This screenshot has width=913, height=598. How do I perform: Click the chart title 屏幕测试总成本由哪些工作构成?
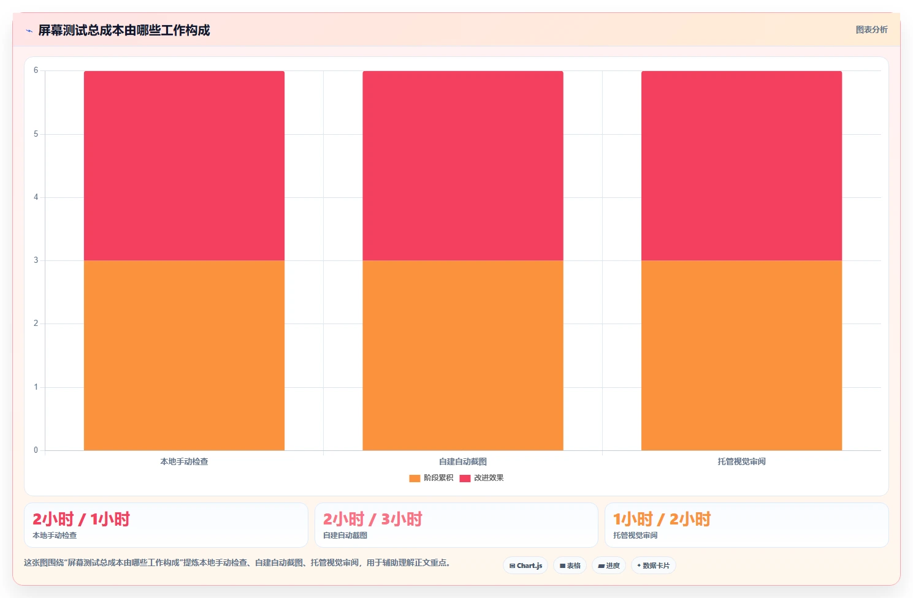pyautogui.click(x=124, y=30)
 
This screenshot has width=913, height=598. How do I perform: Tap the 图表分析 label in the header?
pyautogui.click(x=871, y=30)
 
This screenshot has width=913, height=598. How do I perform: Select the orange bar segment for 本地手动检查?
pyautogui.click(x=184, y=355)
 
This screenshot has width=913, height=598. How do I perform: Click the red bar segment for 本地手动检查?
pyautogui.click(x=184, y=166)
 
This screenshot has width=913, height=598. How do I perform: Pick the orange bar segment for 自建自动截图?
pyautogui.click(x=463, y=355)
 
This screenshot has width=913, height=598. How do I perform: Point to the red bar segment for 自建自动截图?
pyautogui.click(x=463, y=166)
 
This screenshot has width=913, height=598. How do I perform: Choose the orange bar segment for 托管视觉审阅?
pyautogui.click(x=741, y=355)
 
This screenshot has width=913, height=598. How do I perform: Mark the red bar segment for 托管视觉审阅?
pyautogui.click(x=741, y=166)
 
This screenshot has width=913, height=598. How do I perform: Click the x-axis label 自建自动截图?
pyautogui.click(x=462, y=461)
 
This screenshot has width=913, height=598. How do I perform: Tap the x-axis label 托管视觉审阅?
pyautogui.click(x=741, y=461)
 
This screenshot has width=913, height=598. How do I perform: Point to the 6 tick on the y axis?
pyautogui.click(x=36, y=70)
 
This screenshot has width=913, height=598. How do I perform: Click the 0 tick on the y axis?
pyautogui.click(x=36, y=450)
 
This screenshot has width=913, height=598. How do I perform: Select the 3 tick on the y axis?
pyautogui.click(x=36, y=260)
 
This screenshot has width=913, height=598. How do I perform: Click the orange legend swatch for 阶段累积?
pyautogui.click(x=414, y=479)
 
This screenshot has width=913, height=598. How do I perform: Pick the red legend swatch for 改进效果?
pyautogui.click(x=465, y=479)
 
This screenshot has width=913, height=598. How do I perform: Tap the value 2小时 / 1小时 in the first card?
pyautogui.click(x=81, y=520)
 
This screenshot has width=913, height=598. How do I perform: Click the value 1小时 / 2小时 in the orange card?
pyautogui.click(x=662, y=520)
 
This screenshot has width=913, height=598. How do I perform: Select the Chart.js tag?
pyautogui.click(x=525, y=566)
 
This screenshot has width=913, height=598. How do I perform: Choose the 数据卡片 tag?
pyautogui.click(x=654, y=566)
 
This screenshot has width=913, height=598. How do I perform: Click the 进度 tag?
pyautogui.click(x=608, y=566)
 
